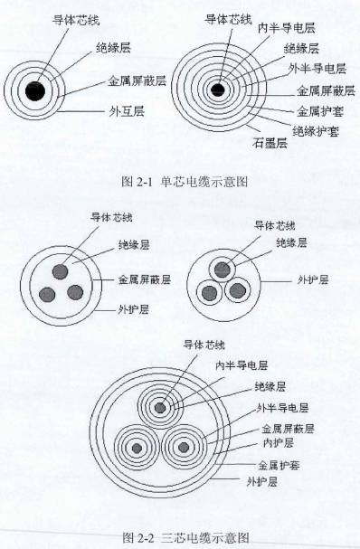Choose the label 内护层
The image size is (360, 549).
tap(276, 443)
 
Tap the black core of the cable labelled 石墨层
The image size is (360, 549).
tap(217, 89)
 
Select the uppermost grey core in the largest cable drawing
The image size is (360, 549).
tap(160, 408)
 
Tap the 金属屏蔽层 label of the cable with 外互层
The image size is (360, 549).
tap(136, 80)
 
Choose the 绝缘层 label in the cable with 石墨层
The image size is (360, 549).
tap(301, 49)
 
